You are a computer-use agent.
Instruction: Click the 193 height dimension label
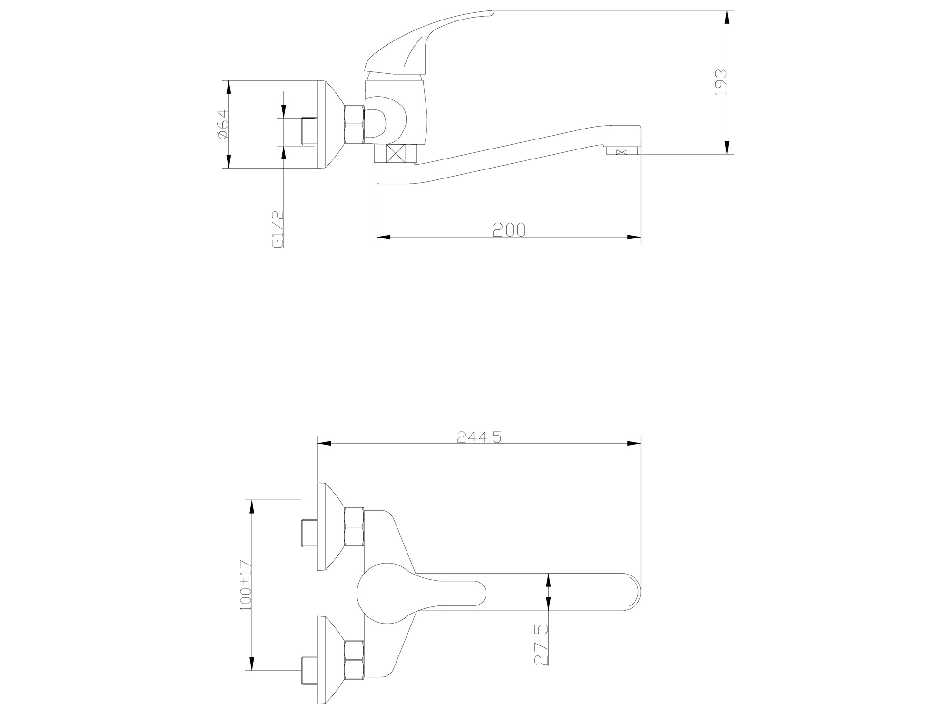coord(722,82)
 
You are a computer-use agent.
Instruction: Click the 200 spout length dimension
coord(509,230)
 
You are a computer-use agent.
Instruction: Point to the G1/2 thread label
coord(278,229)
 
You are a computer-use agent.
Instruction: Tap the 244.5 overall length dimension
coord(480,437)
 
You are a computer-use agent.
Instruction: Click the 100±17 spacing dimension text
coord(246,592)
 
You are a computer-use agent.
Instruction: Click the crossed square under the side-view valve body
coord(396,153)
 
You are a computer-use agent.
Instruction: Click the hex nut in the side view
coord(355,124)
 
